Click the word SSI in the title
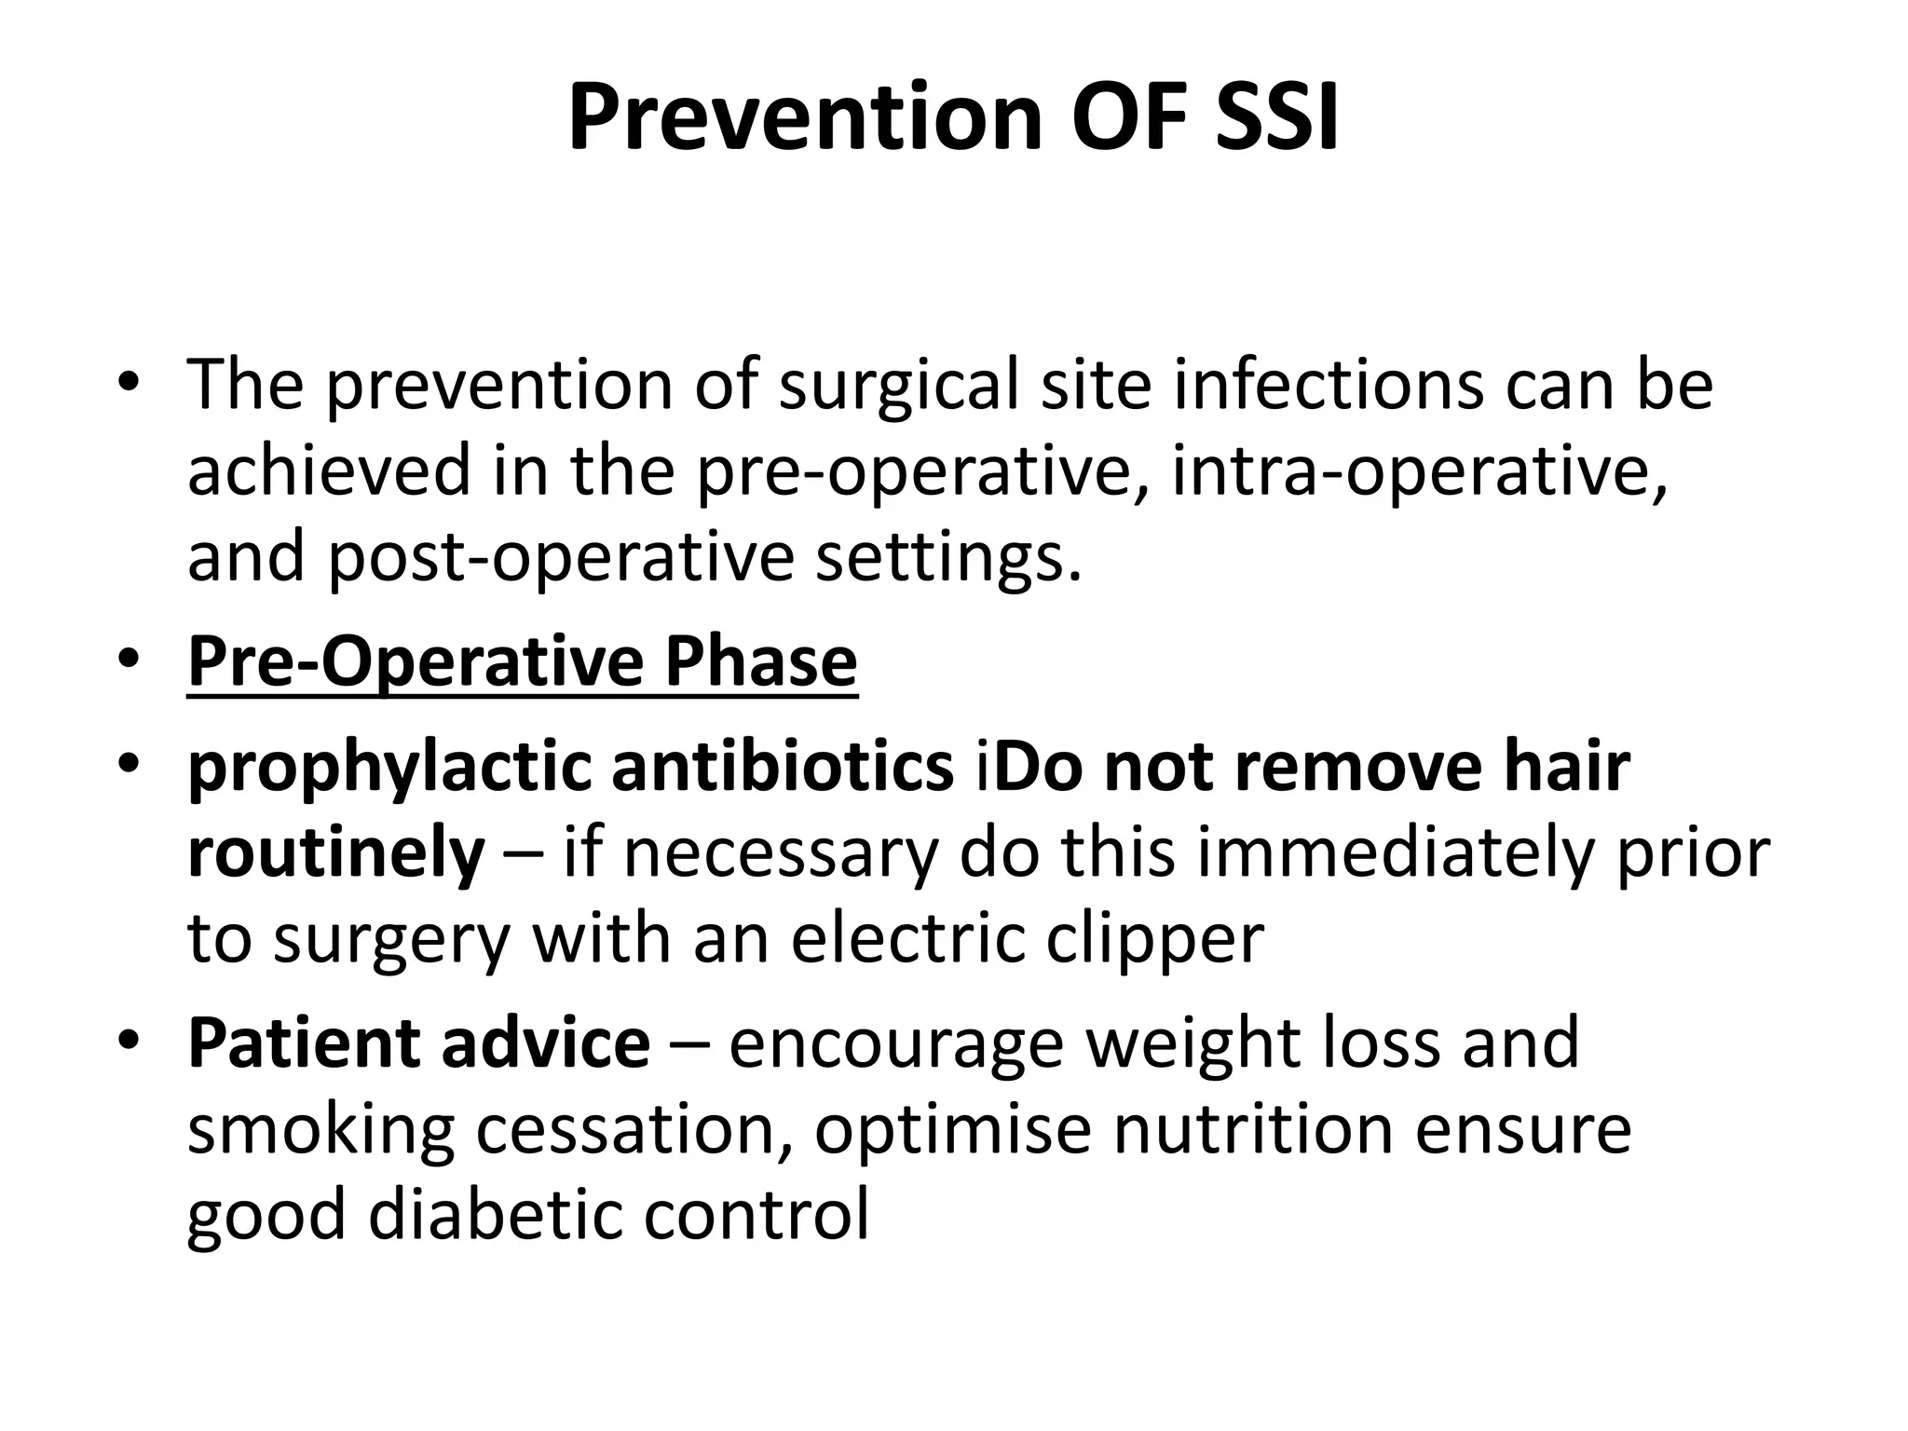(x=1276, y=118)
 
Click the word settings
(x=948, y=557)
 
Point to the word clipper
(x=1154, y=939)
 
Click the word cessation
(x=634, y=1129)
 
